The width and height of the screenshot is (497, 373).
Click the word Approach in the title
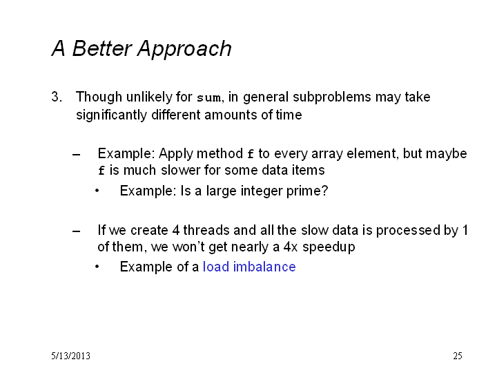click(184, 49)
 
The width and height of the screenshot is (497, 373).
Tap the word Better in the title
click(101, 48)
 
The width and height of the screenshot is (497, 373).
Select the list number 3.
click(57, 97)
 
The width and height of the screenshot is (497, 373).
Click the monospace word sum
click(208, 98)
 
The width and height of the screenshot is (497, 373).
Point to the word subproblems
click(331, 97)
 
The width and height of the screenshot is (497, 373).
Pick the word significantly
click(111, 115)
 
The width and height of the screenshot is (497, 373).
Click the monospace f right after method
click(251, 154)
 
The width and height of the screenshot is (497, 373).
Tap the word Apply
click(176, 154)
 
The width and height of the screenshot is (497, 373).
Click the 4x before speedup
click(291, 247)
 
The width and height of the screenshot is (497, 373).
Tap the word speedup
click(329, 247)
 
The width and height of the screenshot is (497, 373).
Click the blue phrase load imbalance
click(249, 267)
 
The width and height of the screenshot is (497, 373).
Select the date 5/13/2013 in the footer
click(70, 356)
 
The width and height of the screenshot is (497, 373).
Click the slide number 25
click(458, 356)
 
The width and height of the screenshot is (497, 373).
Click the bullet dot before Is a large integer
click(97, 191)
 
